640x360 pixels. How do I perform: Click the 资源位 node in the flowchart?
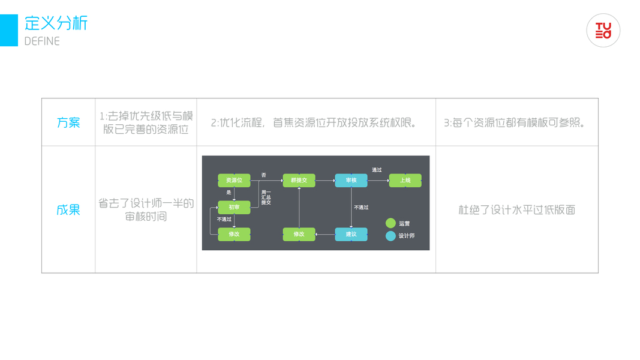point(234,180)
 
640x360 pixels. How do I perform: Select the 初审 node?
point(234,207)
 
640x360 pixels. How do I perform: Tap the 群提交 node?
point(299,180)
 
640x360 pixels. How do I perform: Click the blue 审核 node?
point(351,180)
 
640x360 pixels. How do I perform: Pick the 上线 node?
point(405,180)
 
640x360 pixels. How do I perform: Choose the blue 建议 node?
point(351,234)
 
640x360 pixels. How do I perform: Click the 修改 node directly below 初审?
point(234,234)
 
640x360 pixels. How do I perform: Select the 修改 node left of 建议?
point(299,234)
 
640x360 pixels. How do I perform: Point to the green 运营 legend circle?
point(390,223)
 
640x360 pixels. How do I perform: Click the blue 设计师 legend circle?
point(390,236)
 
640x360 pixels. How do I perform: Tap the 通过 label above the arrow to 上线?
point(377,170)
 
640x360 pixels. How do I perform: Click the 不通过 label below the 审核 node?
point(361,208)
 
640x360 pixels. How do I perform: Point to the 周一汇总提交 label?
point(266,197)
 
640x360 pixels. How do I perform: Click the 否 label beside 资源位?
point(263,175)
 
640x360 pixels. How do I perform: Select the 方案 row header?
point(68,122)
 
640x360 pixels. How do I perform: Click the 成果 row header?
point(68,210)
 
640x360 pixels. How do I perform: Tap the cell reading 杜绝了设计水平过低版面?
point(517,210)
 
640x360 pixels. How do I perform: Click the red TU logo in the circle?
point(603,31)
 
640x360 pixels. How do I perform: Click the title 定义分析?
point(56,23)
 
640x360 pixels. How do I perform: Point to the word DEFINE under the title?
point(42,41)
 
